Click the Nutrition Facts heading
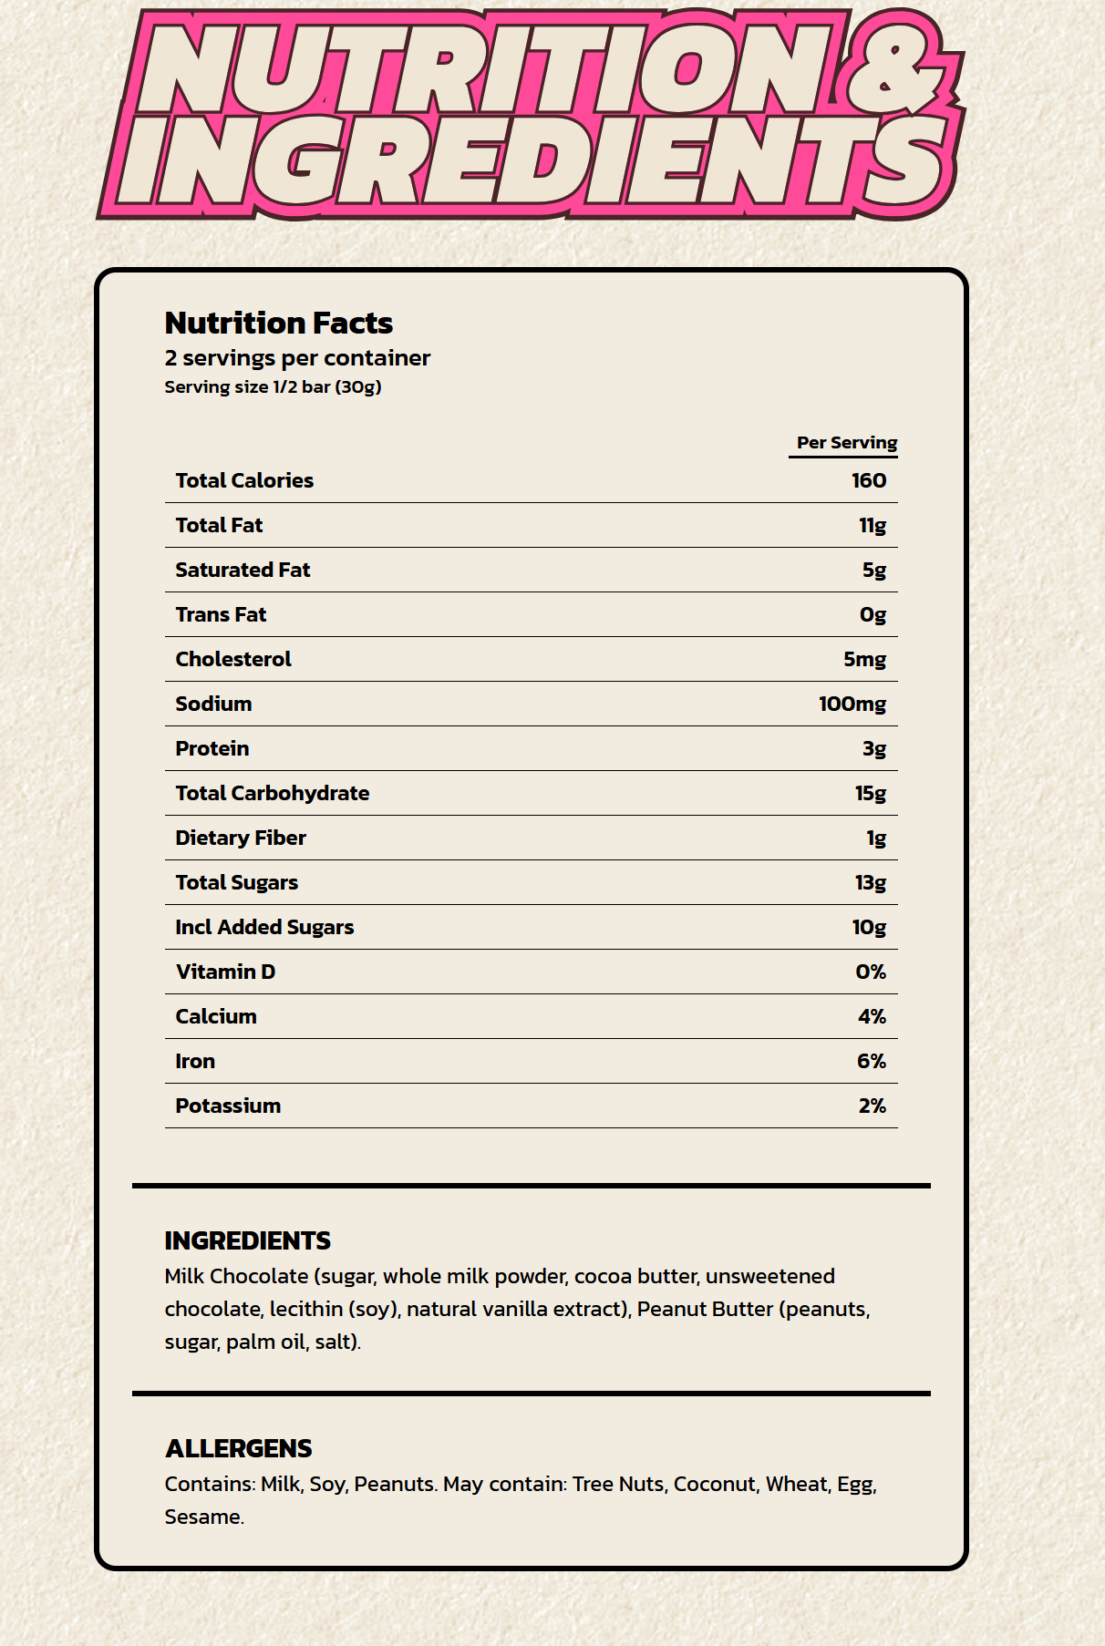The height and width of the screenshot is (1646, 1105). coord(278,323)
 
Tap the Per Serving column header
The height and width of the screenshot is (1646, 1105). coord(846,443)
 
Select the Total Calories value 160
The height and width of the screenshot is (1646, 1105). coord(868,480)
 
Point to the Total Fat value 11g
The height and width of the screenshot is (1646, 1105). coord(872,525)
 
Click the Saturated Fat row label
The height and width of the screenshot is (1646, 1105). coord(243,570)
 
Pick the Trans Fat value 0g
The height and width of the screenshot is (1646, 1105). coord(873,614)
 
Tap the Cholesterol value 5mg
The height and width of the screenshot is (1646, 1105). coord(863,659)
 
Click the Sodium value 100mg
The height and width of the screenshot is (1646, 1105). coord(852,704)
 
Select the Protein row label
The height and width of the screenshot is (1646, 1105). coord(212,748)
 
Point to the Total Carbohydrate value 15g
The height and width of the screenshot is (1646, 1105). coord(870,793)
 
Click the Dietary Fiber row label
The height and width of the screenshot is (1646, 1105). coord(241,838)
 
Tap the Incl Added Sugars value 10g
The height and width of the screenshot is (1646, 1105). coord(868,927)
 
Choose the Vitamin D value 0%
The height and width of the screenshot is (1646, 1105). coord(870,972)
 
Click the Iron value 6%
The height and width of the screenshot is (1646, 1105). coord(871,1061)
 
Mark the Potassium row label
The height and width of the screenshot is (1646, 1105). coord(228,1106)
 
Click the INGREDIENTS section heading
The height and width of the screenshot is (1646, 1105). coord(247,1240)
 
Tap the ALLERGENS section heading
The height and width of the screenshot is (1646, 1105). coord(238,1448)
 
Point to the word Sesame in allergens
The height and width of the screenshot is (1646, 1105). coord(202,1517)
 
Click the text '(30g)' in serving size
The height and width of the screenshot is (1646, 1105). coord(358,386)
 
